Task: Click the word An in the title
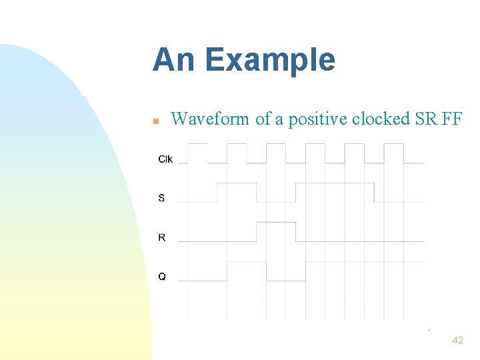point(174,60)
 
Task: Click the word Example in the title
point(270,61)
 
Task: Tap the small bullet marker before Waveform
point(155,121)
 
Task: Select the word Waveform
point(211,119)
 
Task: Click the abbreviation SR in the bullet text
point(426,119)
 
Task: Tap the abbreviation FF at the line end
point(451,119)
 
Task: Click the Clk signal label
point(165,159)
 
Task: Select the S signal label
point(161,198)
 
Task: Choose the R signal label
point(162,237)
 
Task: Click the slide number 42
point(457,340)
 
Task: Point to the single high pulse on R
point(276,223)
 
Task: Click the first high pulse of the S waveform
point(237,184)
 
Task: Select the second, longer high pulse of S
point(335,184)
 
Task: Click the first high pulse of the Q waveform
point(247,263)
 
